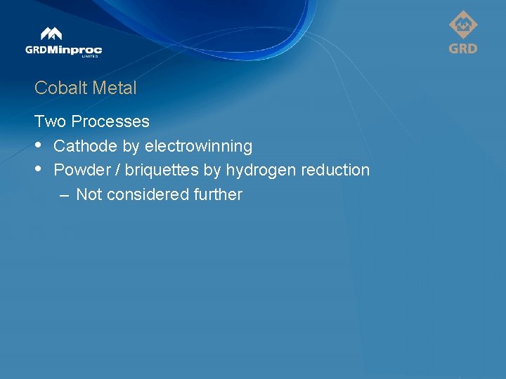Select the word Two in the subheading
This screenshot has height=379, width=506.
(x=50, y=121)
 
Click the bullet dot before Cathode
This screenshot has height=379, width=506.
(x=39, y=145)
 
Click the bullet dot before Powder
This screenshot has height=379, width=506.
(x=39, y=169)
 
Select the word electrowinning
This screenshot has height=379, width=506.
(x=198, y=146)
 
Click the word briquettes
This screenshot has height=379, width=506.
(x=162, y=170)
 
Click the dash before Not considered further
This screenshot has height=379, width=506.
(x=65, y=194)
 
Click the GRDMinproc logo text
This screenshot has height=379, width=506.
(x=63, y=50)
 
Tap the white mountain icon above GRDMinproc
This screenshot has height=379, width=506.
(x=51, y=34)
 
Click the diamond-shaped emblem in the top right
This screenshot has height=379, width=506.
(x=463, y=26)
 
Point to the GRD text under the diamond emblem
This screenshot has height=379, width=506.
(x=463, y=48)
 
